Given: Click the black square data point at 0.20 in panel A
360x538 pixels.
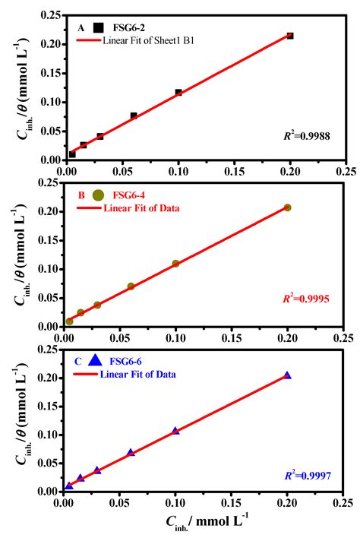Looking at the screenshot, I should [x=290, y=36].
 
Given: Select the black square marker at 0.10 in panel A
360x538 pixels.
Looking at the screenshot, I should [x=178, y=93].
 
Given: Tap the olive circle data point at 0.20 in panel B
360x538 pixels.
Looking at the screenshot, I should [x=287, y=207].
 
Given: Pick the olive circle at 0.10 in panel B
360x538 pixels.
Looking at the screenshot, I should [x=175, y=264].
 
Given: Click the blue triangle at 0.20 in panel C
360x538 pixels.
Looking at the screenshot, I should [x=287, y=375].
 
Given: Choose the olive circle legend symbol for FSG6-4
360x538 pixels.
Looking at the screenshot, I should [x=98, y=195].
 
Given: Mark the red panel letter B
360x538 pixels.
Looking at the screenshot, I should [x=81, y=195].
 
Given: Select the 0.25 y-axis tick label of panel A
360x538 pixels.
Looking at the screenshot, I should [x=49, y=14].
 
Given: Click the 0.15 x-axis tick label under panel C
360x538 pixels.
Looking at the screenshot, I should [x=231, y=503].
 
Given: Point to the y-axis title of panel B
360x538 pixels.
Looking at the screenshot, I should [x=18, y=253].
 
